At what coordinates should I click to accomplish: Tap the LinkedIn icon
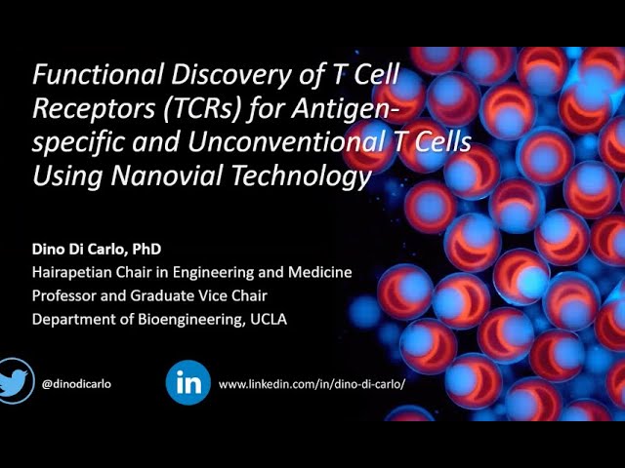[x=187, y=382]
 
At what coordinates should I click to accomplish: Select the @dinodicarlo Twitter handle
[x=76, y=383]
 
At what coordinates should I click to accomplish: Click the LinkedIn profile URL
[x=311, y=383]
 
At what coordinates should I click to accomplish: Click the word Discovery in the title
[x=220, y=75]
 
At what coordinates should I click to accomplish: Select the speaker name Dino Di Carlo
[x=78, y=251]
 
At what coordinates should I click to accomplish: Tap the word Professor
[x=65, y=295]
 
